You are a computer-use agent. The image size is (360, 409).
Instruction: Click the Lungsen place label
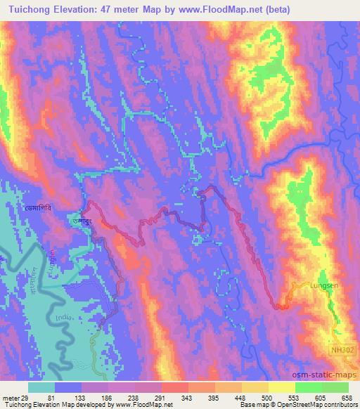[x=324, y=286]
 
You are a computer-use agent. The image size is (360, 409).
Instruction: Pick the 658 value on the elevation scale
[x=347, y=397]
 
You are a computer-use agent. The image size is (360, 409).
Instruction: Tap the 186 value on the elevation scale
[x=107, y=397]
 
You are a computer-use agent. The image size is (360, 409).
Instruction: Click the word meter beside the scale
[x=11, y=397]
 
